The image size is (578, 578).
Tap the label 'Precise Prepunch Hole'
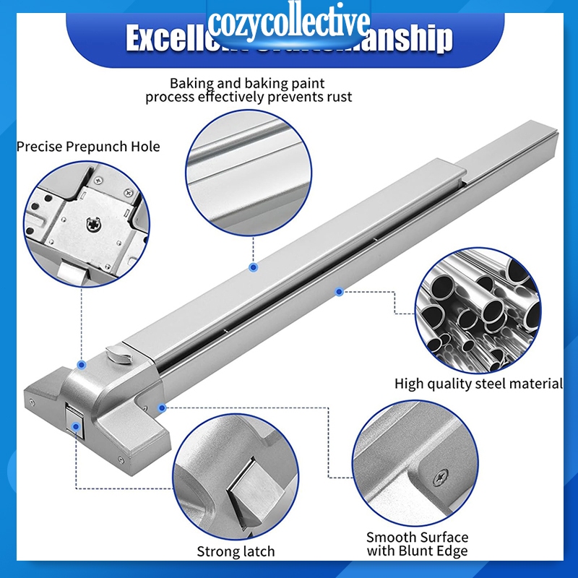pyautogui.click(x=88, y=147)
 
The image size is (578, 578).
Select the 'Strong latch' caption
pyautogui.click(x=236, y=551)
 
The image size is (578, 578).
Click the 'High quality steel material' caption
pyautogui.click(x=478, y=384)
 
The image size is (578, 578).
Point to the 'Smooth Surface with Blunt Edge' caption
pyautogui.click(x=417, y=544)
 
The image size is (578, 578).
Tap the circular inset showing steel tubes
pyautogui.click(x=478, y=308)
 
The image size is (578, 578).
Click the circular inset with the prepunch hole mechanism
pyautogui.click(x=87, y=225)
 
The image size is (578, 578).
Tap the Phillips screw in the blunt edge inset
pyautogui.click(x=441, y=478)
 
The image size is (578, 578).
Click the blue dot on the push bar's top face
pyautogui.click(x=254, y=267)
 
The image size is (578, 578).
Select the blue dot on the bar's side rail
pyautogui.click(x=337, y=291)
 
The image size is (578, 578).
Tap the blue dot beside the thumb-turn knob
pyautogui.click(x=82, y=366)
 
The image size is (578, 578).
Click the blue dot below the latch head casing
pyautogui.click(x=163, y=408)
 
